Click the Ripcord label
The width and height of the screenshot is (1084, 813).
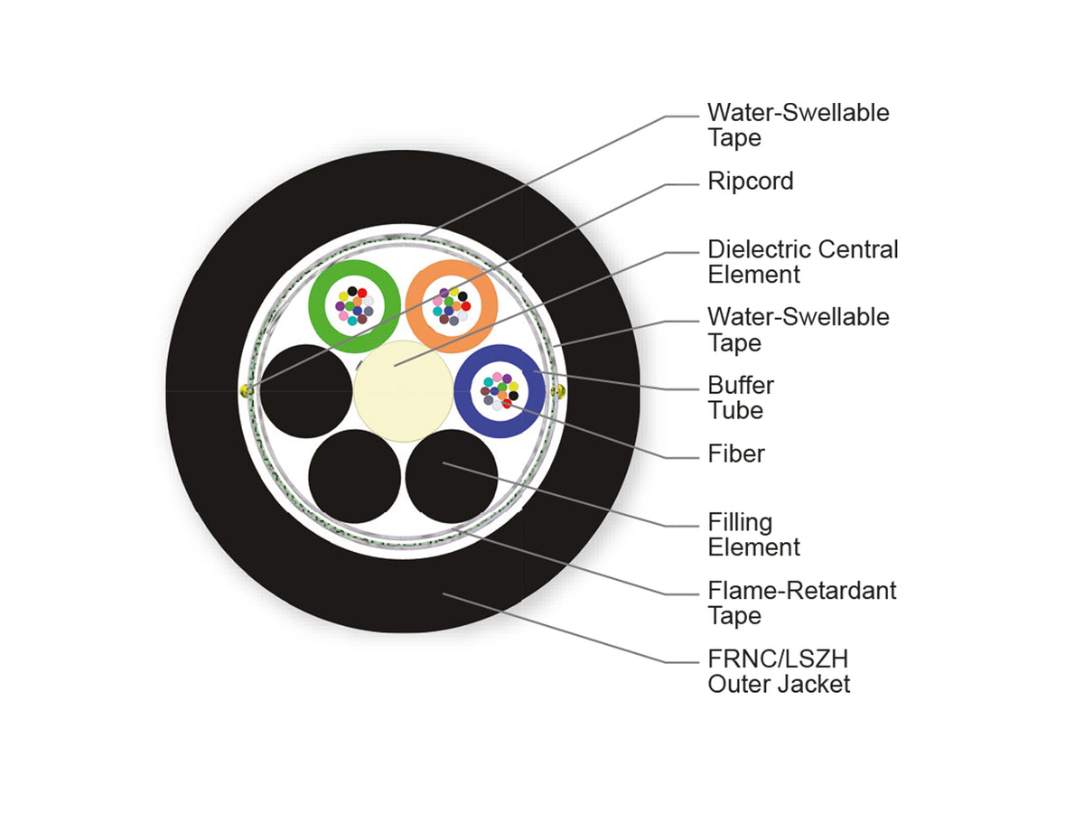[750, 182]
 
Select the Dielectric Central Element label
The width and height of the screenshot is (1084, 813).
[802, 262]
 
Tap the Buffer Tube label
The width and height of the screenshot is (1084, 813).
[740, 397]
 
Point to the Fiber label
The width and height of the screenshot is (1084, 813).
[736, 453]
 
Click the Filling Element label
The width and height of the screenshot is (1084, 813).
[753, 534]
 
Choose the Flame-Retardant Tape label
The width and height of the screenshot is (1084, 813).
[801, 603]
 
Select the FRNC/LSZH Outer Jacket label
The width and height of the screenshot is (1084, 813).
[779, 671]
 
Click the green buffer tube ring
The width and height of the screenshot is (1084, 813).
[317, 306]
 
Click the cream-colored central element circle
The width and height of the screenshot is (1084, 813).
[403, 391]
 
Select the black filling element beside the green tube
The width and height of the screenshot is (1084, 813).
[306, 391]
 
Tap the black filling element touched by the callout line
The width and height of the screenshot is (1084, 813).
[452, 476]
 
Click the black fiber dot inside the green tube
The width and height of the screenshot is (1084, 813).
[352, 291]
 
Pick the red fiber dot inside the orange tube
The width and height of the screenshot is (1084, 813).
[466, 306]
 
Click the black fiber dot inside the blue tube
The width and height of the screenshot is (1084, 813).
[514, 396]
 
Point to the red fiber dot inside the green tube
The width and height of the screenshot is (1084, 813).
[362, 293]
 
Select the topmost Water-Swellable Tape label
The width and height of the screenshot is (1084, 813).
[798, 125]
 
